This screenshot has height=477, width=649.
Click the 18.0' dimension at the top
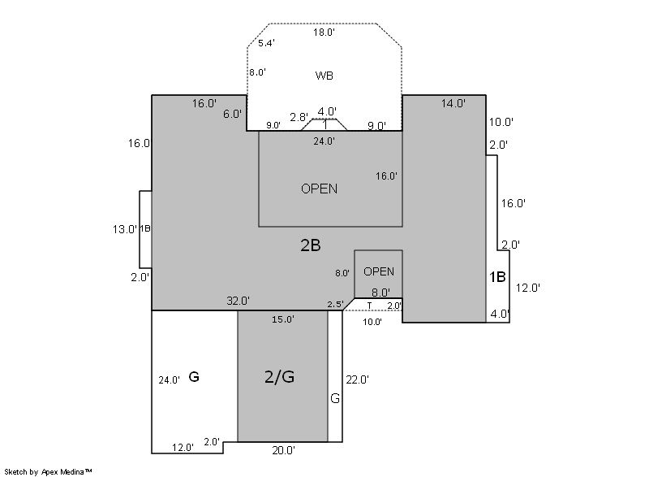click(324, 33)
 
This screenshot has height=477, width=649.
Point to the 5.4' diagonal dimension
click(266, 43)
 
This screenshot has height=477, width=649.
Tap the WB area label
click(324, 76)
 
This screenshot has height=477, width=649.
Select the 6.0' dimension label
click(232, 114)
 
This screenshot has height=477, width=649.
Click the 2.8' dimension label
click(299, 117)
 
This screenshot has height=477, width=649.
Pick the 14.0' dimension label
click(453, 103)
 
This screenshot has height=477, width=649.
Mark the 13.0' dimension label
click(125, 229)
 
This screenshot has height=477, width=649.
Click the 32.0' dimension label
click(238, 301)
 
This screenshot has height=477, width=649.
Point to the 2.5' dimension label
click(335, 304)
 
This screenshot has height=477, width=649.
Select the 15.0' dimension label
click(283, 319)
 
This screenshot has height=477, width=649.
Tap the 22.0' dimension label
click(357, 379)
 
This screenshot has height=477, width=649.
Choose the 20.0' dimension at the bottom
click(283, 450)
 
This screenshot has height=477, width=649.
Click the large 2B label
click(311, 245)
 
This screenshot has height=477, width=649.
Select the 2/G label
click(279, 377)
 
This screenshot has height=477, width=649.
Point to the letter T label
click(370, 306)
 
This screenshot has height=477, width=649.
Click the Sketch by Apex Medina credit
click(48, 471)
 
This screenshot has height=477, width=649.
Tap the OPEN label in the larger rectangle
click(319, 189)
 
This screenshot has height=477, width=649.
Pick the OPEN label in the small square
click(379, 271)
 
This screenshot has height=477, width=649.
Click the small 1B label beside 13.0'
click(145, 228)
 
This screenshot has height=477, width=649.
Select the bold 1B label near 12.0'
click(497, 277)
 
